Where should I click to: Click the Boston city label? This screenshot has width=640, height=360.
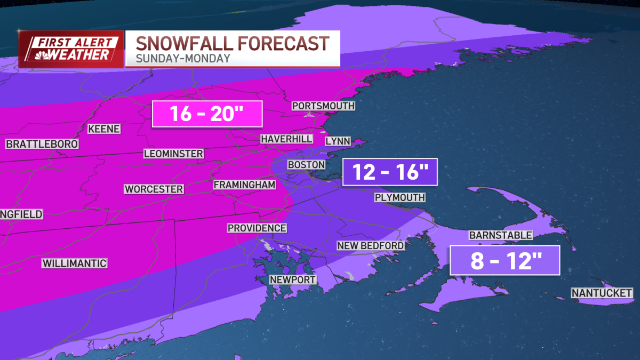(x=306, y=165)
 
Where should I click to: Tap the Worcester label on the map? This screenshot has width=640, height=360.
(x=154, y=189)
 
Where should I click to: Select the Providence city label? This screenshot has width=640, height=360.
(x=257, y=228)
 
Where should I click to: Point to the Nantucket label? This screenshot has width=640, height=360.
(x=602, y=293)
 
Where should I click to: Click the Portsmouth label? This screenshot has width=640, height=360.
(x=323, y=106)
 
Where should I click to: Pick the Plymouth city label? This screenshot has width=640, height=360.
(x=399, y=197)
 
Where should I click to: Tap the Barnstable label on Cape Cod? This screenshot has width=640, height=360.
(x=500, y=235)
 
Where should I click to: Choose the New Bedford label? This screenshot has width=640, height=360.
(x=371, y=245)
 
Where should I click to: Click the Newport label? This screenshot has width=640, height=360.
(x=293, y=279)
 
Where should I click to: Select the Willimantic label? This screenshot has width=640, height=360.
(x=75, y=263)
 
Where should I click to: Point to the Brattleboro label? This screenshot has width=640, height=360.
(x=42, y=144)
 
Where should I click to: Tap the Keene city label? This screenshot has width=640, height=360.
(x=104, y=129)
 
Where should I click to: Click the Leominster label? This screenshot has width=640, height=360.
(x=173, y=154)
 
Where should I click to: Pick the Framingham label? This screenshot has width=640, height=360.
(x=244, y=185)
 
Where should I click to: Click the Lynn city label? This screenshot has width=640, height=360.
(x=338, y=141)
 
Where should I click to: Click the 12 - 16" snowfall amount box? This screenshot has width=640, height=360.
(x=390, y=172)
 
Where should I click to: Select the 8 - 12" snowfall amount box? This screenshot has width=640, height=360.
(x=505, y=260)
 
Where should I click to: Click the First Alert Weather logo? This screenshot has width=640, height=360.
(x=71, y=49)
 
